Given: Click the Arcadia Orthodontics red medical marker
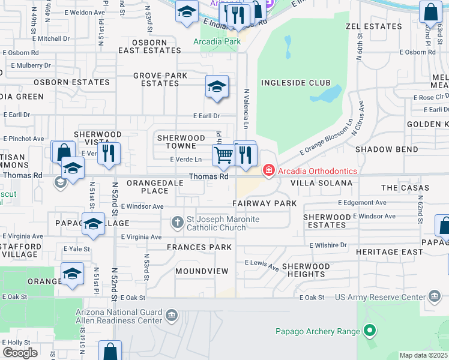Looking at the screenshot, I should click(268, 171).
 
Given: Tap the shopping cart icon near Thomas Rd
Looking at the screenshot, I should click(223, 155).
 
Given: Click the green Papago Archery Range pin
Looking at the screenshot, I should click(370, 331).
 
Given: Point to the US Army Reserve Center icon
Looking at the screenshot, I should click(435, 297).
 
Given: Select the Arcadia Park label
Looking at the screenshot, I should click(217, 42).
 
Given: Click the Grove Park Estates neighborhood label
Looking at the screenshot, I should click(160, 79).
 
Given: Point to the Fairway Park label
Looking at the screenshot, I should click(265, 204).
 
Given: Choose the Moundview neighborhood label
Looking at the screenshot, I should click(202, 271).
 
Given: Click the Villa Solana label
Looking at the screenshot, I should click(321, 182).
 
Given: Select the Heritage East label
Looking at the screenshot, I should click(389, 252).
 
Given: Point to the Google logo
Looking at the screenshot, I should click(20, 352).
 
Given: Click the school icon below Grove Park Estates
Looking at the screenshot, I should click(217, 87).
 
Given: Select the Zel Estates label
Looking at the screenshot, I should click(373, 26).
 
